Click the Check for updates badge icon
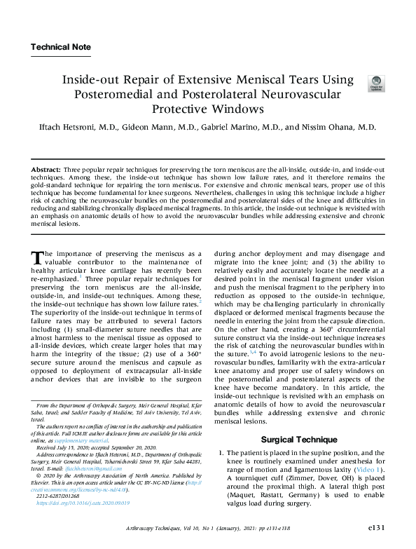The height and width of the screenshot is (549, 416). pos(375,84)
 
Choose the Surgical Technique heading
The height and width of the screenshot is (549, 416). pos(293,440)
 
